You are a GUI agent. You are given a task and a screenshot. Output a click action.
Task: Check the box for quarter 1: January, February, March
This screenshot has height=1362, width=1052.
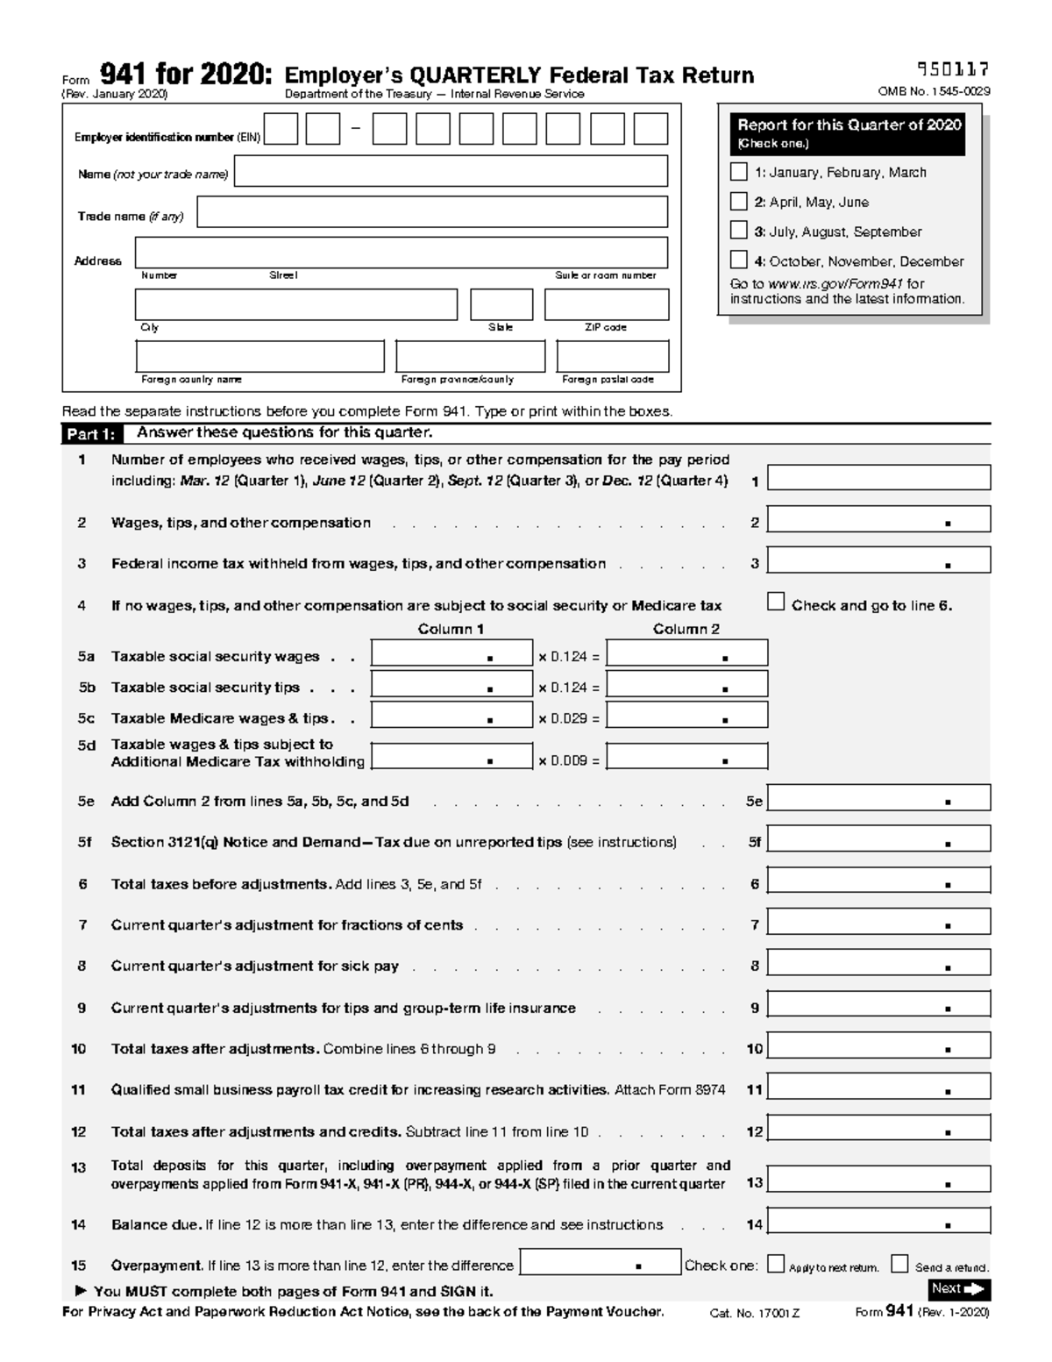click(x=739, y=172)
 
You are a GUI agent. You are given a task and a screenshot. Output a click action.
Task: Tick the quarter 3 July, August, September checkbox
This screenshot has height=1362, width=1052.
click(x=739, y=231)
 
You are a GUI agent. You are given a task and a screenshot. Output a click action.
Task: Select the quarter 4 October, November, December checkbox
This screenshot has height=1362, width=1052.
click(x=739, y=260)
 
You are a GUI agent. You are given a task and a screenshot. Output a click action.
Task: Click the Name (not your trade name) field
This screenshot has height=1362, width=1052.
click(x=451, y=172)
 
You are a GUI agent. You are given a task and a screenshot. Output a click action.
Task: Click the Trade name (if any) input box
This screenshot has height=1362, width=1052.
click(x=432, y=212)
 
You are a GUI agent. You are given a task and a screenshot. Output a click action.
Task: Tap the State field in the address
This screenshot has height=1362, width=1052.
click(x=501, y=305)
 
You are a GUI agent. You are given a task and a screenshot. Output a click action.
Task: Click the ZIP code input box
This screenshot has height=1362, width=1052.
click(x=607, y=305)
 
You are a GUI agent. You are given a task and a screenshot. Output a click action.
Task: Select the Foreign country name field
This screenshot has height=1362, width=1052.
click(x=259, y=357)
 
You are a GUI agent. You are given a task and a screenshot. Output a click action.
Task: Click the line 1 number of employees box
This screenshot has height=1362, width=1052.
click(x=878, y=478)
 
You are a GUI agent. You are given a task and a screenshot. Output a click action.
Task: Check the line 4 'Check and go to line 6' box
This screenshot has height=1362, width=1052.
click(x=776, y=602)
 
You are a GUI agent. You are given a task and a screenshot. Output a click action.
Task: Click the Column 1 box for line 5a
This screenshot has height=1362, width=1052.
click(x=451, y=653)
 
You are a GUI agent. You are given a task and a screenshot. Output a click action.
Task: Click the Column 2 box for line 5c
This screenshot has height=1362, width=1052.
click(x=686, y=715)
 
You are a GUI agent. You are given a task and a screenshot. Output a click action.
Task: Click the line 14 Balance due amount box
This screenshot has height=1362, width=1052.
click(x=878, y=1221)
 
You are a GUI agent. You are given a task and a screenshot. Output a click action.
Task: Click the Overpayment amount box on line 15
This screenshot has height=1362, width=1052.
click(x=601, y=1262)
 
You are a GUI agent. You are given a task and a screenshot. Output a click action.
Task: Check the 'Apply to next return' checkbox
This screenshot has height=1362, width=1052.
click(x=776, y=1264)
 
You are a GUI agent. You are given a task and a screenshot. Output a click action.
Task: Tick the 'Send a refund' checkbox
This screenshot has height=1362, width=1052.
click(x=899, y=1264)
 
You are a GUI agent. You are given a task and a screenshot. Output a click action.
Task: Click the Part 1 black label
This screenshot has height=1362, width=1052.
click(x=90, y=434)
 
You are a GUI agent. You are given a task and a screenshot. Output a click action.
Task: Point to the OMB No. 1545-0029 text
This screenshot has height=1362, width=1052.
click(x=934, y=91)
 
